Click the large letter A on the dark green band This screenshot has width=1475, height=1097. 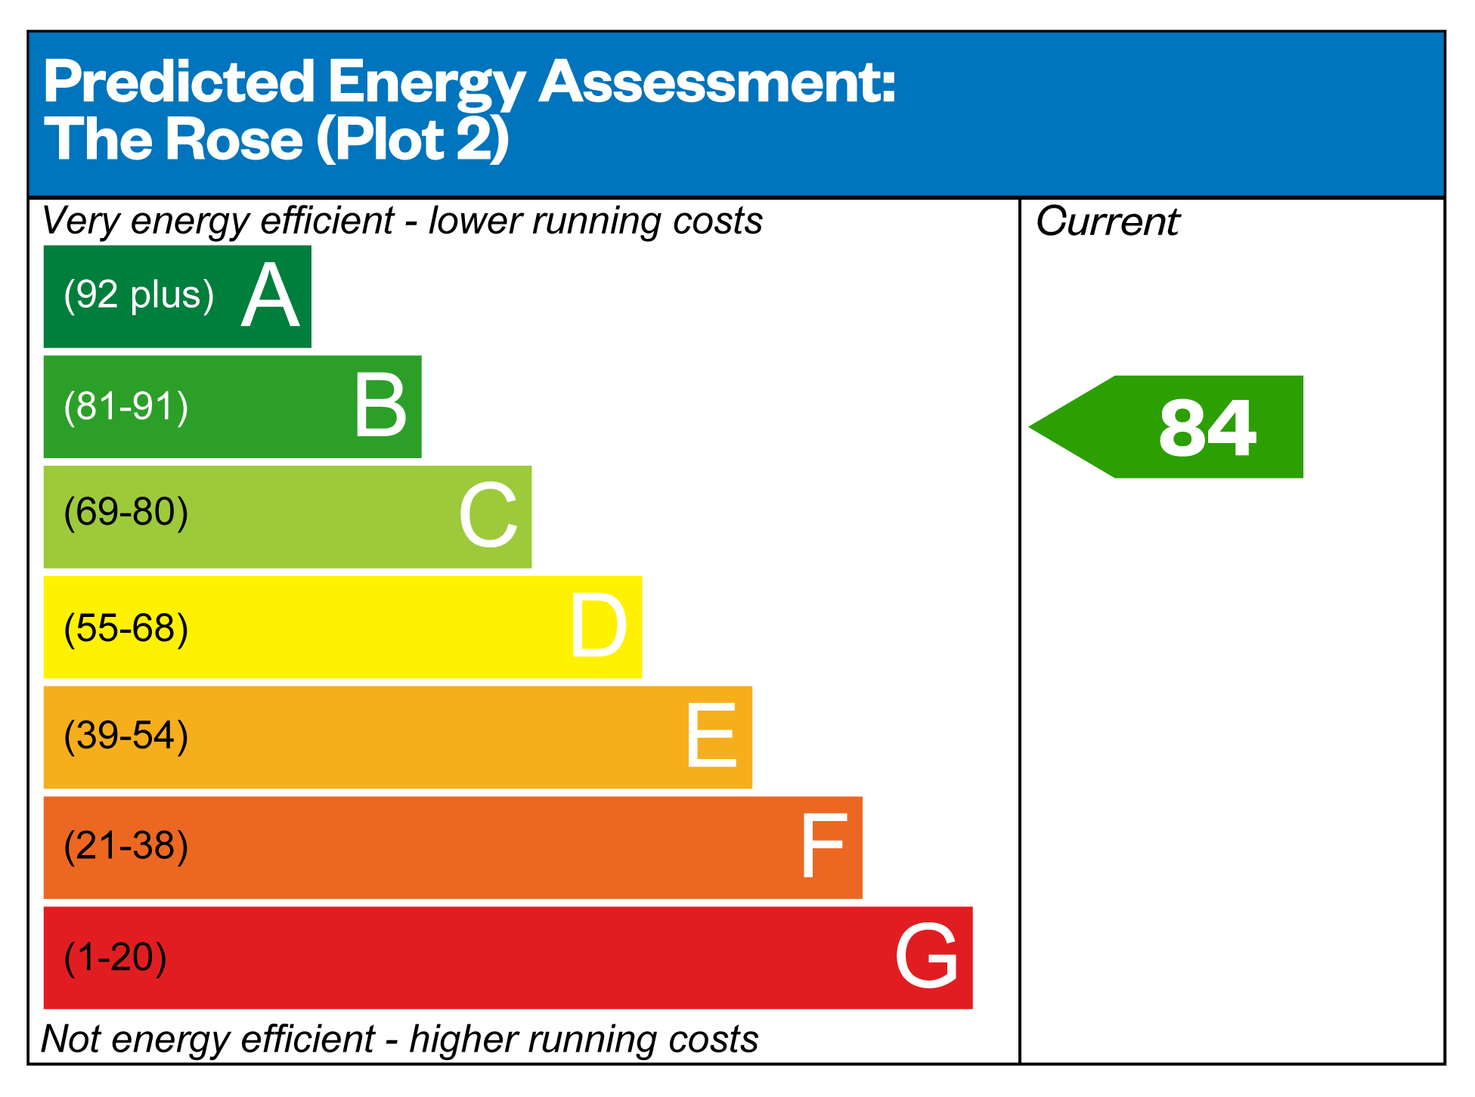point(270,296)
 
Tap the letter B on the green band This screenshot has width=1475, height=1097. point(380,407)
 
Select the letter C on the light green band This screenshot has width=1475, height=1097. point(488,516)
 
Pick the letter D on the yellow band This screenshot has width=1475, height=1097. point(598,626)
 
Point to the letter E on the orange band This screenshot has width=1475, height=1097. point(711,736)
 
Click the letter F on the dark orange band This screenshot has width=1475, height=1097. point(822,846)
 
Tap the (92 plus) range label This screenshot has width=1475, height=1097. point(139,295)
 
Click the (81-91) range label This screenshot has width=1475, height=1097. point(126,407)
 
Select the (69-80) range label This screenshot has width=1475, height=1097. point(126,513)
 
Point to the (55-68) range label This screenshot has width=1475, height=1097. point(126,628)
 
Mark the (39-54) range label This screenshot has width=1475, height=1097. point(126,736)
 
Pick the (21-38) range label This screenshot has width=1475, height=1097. point(126,846)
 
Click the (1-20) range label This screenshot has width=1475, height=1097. point(116,957)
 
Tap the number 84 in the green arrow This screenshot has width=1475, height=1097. point(1207,428)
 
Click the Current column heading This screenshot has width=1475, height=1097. point(1107,222)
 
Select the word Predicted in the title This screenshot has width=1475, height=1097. point(179,82)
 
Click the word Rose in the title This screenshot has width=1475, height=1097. point(234,140)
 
